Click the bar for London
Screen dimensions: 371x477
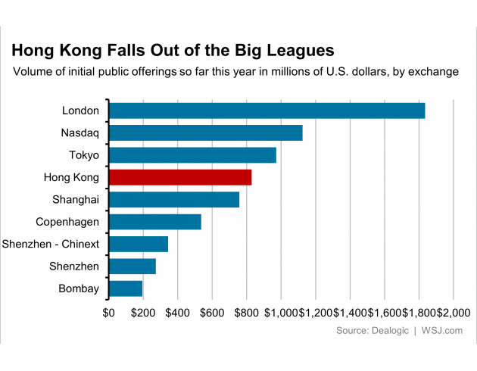click(267, 111)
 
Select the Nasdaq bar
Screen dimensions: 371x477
click(205, 132)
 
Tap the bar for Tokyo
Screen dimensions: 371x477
click(192, 155)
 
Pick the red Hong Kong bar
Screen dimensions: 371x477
click(180, 177)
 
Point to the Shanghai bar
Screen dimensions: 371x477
click(174, 200)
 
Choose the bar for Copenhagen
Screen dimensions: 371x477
click(155, 222)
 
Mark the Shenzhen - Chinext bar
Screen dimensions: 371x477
click(139, 244)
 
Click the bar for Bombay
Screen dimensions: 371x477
click(126, 288)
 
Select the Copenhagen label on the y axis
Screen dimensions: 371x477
click(67, 222)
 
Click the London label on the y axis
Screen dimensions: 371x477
click(80, 111)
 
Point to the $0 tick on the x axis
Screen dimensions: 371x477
click(109, 312)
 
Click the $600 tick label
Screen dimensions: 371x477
click(212, 312)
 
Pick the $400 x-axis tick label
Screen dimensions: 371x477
click(177, 312)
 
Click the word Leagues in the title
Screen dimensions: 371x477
click(298, 51)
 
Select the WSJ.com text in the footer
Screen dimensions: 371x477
click(441, 331)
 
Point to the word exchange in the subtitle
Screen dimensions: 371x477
click(432, 73)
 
